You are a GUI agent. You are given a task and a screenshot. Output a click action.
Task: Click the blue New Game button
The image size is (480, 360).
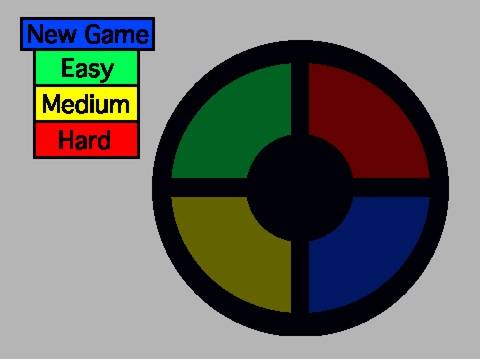(x=87, y=34)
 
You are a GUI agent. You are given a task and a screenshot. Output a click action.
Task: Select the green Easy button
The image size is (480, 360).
(x=86, y=68)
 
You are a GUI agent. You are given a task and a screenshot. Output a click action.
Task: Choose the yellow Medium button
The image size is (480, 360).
(x=86, y=104)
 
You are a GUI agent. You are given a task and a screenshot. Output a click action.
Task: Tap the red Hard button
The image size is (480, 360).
(x=86, y=140)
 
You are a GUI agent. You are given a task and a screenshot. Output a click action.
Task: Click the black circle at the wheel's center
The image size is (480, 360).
(x=300, y=188)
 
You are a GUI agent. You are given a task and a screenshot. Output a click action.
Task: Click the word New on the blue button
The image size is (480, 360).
(x=52, y=34)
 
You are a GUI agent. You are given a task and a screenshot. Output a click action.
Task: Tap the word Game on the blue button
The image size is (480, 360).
(x=117, y=34)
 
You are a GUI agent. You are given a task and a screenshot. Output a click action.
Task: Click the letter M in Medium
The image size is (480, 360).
(x=52, y=104)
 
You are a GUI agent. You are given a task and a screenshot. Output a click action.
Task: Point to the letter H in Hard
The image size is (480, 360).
(x=66, y=140)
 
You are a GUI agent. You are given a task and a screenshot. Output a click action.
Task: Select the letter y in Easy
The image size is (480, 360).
(x=107, y=72)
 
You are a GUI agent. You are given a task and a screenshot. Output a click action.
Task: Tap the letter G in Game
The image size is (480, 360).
(x=93, y=34)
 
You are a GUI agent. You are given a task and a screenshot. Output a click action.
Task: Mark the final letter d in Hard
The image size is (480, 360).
(x=103, y=140)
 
